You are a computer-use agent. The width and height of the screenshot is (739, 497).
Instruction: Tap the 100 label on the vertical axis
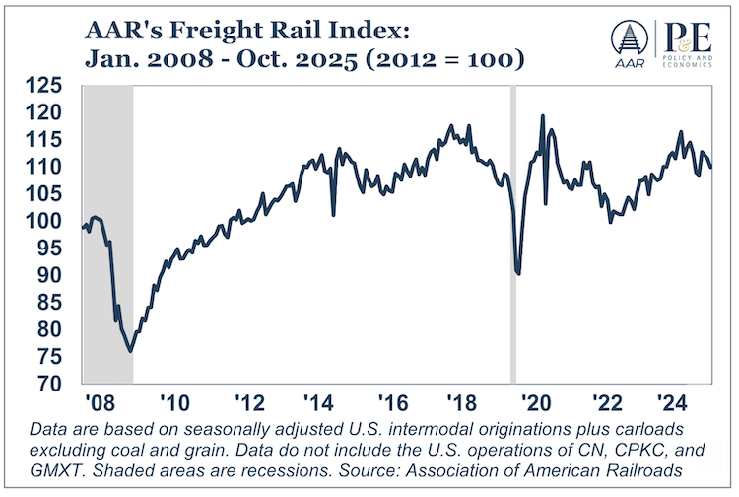pos(53,221)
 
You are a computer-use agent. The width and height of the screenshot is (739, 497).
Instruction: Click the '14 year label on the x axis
pos(318,404)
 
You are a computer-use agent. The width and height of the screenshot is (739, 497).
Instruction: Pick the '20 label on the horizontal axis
pos(536,404)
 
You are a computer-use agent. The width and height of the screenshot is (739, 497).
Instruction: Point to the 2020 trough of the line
pos(518,273)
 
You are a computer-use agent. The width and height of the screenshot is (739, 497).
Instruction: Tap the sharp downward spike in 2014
pos(333,214)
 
